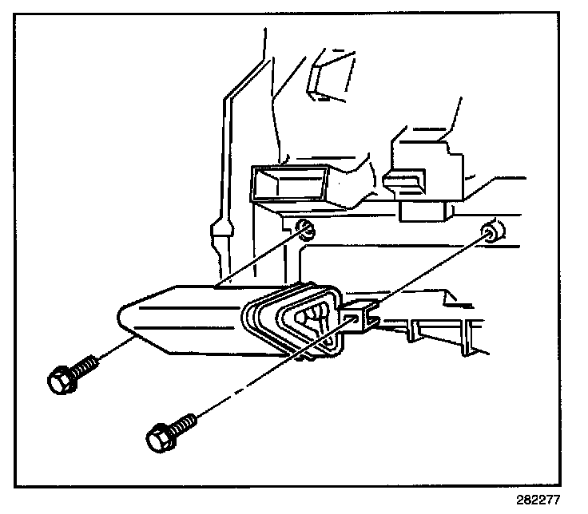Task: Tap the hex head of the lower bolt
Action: click(159, 437)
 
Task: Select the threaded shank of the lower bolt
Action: click(183, 422)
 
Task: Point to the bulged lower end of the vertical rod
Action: click(222, 235)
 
